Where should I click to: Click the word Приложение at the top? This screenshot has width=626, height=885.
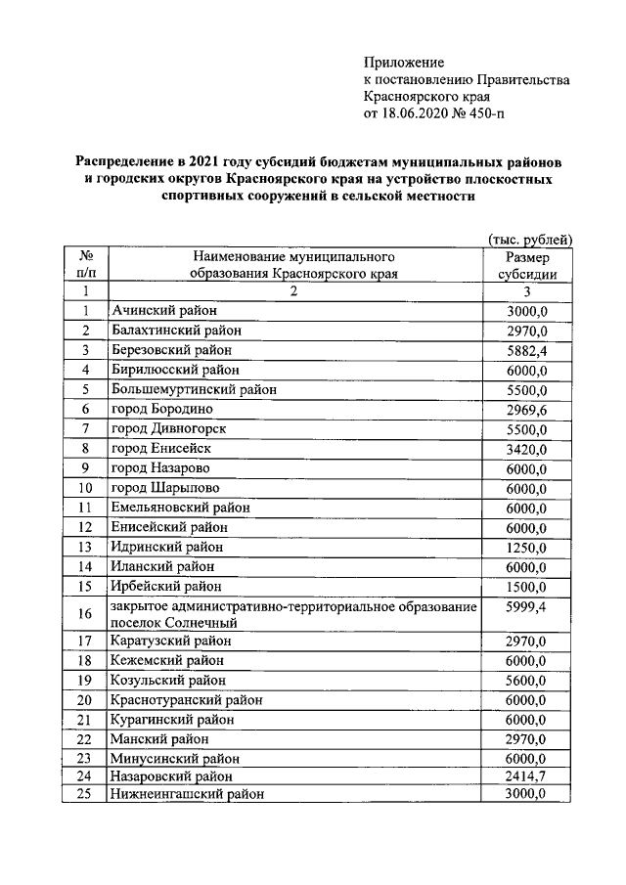point(404,62)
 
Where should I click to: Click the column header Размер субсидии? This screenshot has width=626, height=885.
point(526,265)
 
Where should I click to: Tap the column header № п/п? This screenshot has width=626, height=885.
point(86,265)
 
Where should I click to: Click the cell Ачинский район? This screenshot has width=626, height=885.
point(157,311)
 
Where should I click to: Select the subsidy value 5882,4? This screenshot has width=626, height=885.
point(526,349)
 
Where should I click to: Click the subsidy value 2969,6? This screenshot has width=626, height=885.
point(526,408)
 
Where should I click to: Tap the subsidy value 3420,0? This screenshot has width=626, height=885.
point(526,449)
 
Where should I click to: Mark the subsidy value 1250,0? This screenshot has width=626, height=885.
point(526,547)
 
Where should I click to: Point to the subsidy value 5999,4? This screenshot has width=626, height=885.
point(526,608)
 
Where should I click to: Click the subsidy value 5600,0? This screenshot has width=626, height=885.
point(526,680)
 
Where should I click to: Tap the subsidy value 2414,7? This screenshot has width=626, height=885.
point(526,775)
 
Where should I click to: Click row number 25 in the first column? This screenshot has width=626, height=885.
point(85,794)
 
